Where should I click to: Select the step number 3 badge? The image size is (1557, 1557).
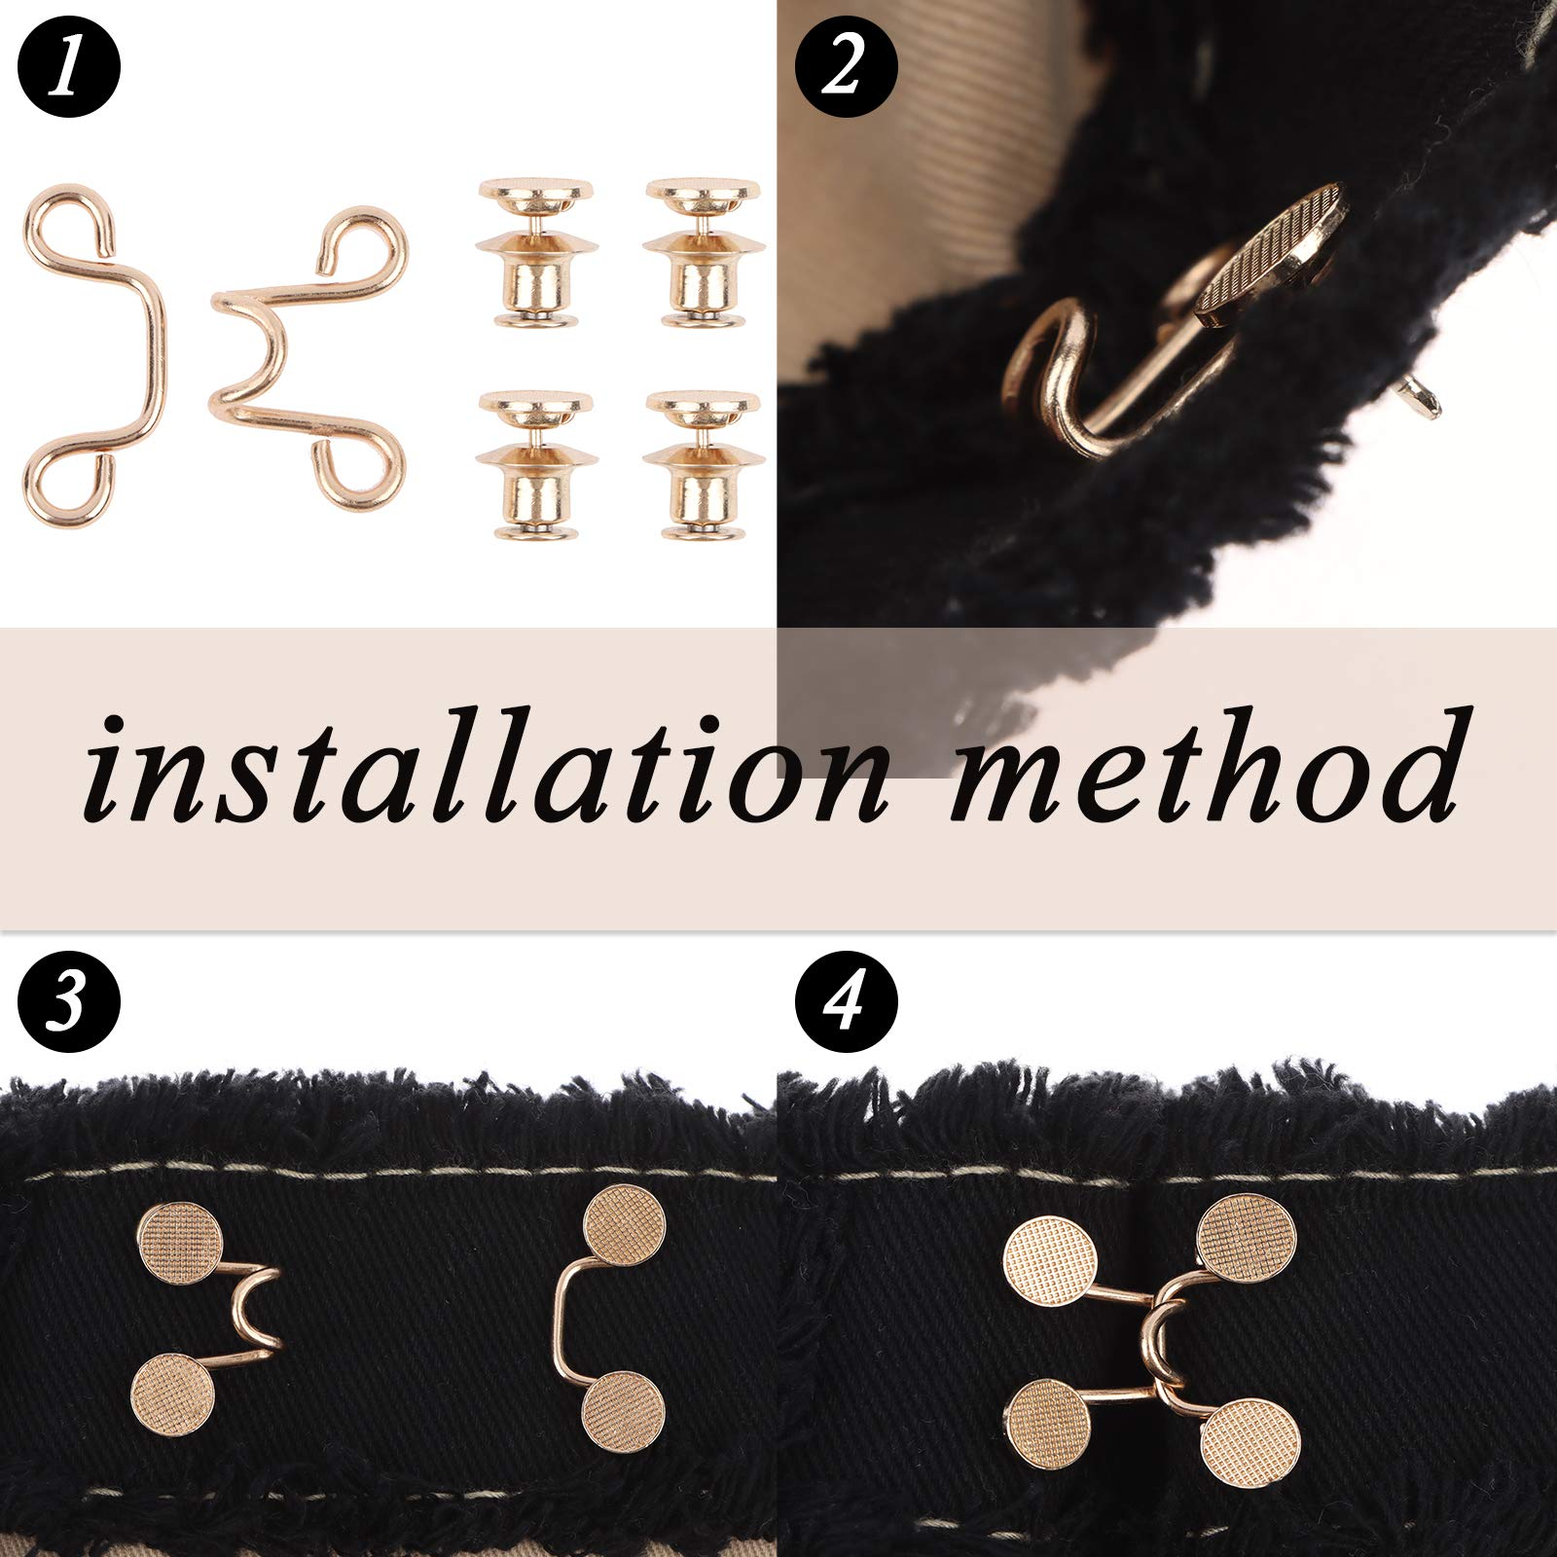click(68, 1003)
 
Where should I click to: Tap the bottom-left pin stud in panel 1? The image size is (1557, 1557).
click(534, 465)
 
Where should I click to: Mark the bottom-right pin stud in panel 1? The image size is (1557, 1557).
click(704, 465)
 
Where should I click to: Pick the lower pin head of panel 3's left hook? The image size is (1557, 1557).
click(172, 1393)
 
